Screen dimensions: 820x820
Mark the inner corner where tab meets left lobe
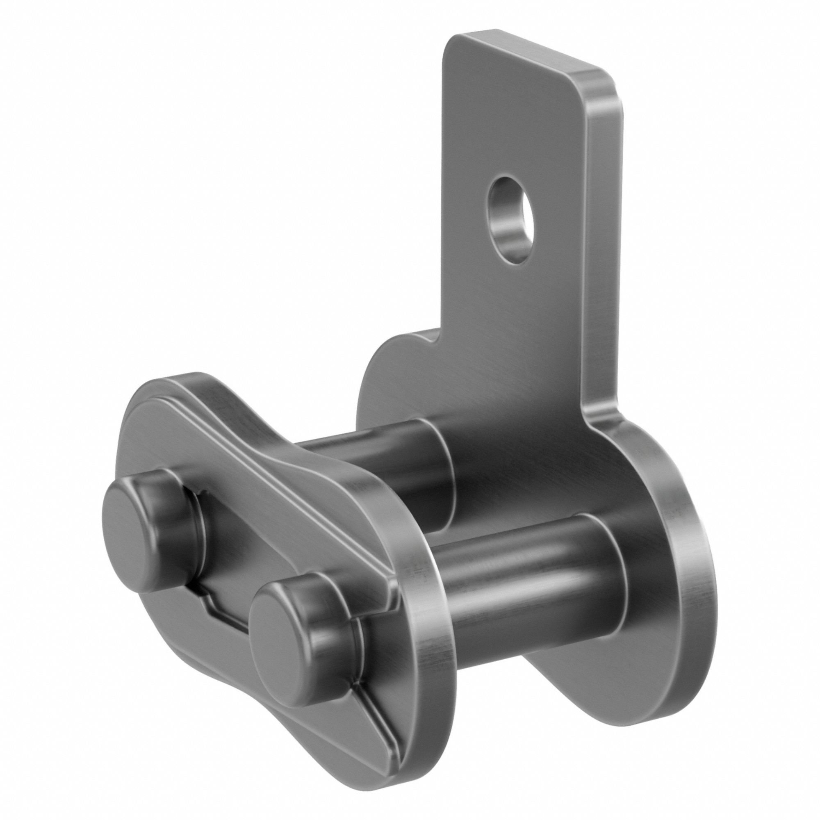442,339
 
